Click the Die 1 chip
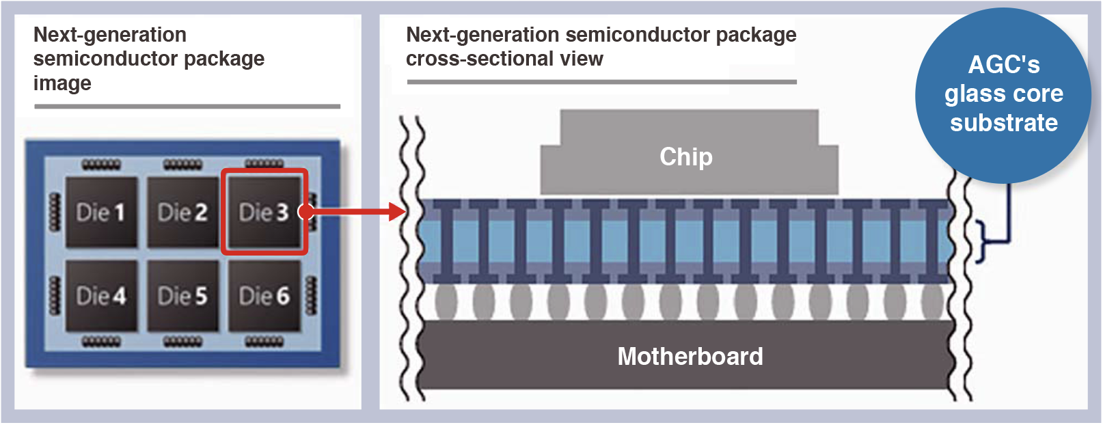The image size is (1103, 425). pyautogui.click(x=101, y=212)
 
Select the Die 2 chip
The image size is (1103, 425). pyautogui.click(x=182, y=212)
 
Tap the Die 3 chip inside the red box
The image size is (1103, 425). pyautogui.click(x=264, y=212)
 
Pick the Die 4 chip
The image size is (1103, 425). pyautogui.click(x=101, y=296)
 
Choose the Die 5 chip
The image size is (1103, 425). pyautogui.click(x=182, y=296)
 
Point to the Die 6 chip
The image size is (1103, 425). pyautogui.click(x=264, y=296)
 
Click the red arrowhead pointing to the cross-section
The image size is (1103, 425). pyautogui.click(x=397, y=212)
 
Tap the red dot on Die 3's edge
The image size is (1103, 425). pyautogui.click(x=306, y=212)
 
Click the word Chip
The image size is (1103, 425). pyautogui.click(x=686, y=157)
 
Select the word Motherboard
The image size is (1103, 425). pyautogui.click(x=690, y=357)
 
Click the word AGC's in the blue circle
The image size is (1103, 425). pyautogui.click(x=1004, y=65)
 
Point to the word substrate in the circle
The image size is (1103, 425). pyautogui.click(x=1004, y=123)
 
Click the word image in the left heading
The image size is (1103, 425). pyautogui.click(x=62, y=83)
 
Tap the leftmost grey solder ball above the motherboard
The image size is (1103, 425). pyautogui.click(x=446, y=301)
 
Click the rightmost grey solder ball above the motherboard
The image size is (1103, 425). pyautogui.click(x=932, y=301)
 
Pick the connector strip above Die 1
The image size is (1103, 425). pyautogui.click(x=101, y=165)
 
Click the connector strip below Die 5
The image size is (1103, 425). pyautogui.click(x=182, y=341)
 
